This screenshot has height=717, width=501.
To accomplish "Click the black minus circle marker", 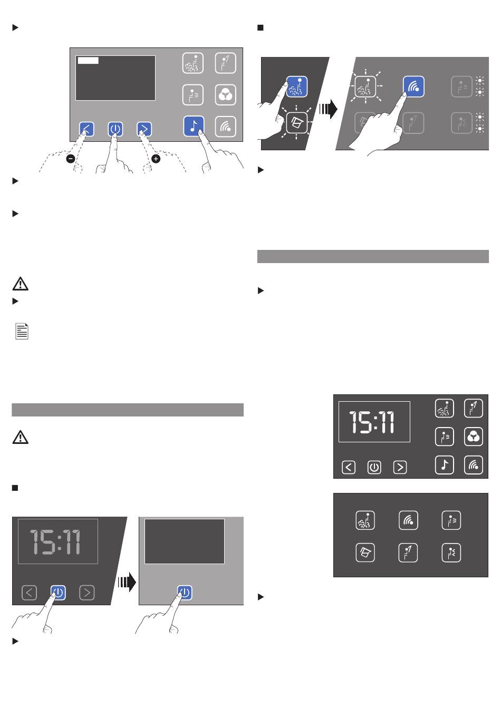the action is pos(71,159).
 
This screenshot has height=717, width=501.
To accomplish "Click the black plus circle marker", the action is pos(156,159).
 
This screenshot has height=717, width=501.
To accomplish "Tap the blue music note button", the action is pos(194,126).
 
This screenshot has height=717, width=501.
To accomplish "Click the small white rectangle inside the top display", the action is pos(88,61).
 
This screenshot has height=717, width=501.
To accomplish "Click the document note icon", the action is pos(22,331).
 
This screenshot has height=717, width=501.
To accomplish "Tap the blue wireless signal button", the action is pos(413,86).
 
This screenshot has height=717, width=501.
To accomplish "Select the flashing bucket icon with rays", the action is pos(296,122).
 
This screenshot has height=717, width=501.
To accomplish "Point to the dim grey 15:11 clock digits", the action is pos(55,542).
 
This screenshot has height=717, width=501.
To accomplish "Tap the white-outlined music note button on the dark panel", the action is pos(445,465).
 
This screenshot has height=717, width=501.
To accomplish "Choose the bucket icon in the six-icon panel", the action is pos(365,553).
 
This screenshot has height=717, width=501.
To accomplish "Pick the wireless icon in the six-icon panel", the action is pos(408,520).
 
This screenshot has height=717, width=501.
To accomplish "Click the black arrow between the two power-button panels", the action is pos(127,582).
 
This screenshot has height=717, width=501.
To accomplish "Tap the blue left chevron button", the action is pos(86,129).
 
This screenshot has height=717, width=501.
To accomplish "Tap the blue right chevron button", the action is pos(144,129).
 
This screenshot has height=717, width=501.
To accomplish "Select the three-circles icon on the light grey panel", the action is pos(225,95).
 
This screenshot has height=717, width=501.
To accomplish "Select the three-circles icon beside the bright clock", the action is pos(473,437).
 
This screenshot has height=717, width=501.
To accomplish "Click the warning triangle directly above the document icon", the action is pos(21,284).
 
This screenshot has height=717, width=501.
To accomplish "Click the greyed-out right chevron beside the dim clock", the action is pos(87,593).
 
